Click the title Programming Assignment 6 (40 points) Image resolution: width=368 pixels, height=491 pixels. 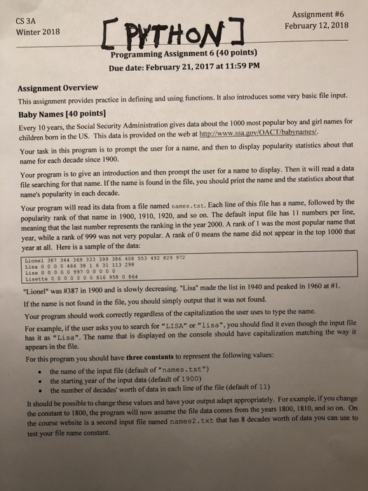click(186, 56)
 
